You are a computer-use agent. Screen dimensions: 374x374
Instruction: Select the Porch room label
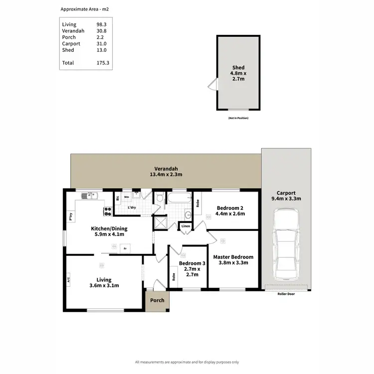(x=158, y=300)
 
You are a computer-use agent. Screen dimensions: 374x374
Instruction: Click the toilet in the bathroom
(x=159, y=198)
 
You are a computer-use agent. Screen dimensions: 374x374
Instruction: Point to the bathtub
(x=179, y=199)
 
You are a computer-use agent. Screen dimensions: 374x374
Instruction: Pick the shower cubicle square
(x=161, y=222)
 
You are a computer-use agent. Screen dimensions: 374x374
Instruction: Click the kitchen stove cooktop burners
(x=107, y=211)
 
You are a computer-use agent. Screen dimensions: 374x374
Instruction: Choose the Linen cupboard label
(x=186, y=226)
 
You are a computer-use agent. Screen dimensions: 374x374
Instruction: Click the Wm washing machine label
(x=127, y=197)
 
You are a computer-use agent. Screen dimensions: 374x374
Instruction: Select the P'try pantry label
(x=71, y=217)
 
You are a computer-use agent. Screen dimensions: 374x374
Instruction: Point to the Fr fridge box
(x=125, y=248)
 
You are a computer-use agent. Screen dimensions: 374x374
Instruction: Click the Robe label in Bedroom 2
(x=198, y=203)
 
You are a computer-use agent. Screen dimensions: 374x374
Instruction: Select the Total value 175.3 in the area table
(x=103, y=63)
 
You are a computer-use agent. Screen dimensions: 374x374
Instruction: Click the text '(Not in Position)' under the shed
(x=238, y=118)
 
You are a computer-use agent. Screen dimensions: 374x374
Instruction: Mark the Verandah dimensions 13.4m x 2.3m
(x=166, y=175)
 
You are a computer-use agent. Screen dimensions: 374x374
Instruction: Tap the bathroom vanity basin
(x=187, y=215)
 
